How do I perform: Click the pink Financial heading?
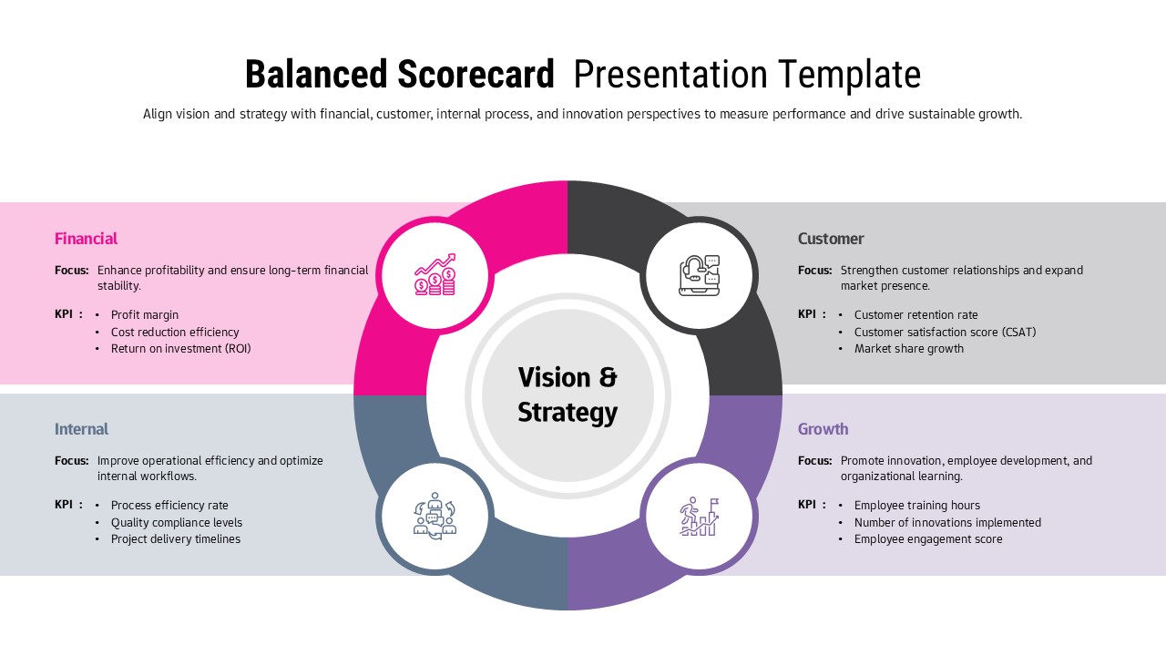(86, 239)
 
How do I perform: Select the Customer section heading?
(830, 239)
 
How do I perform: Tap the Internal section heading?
(81, 429)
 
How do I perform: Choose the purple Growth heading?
(823, 429)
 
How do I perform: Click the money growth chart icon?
(435, 275)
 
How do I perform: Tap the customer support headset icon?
(699, 275)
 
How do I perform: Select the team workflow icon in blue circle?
(435, 517)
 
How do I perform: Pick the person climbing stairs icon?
(699, 517)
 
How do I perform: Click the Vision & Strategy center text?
(568, 395)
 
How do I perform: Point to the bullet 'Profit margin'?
(145, 315)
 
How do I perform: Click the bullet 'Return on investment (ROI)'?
(180, 349)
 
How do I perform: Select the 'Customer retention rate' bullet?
(915, 315)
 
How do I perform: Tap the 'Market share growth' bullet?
(908, 349)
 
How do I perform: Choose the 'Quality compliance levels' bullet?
(177, 523)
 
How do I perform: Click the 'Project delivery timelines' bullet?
(176, 539)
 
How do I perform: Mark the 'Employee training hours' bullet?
(916, 506)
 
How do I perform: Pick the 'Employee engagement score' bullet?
(927, 539)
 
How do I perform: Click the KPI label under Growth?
(807, 505)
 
